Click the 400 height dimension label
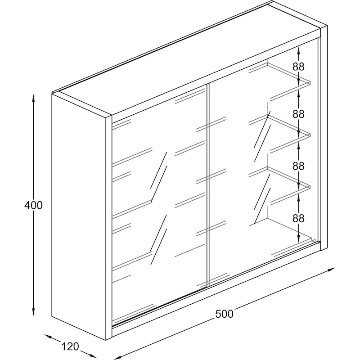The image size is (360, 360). pyautogui.click(x=33, y=205)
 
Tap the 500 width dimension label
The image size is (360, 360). pyautogui.click(x=224, y=314)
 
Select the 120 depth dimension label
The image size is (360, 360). pyautogui.click(x=71, y=346)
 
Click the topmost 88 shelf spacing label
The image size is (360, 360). pyautogui.click(x=298, y=67)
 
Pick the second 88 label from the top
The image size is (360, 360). pyautogui.click(x=298, y=114)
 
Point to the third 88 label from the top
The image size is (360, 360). pyautogui.click(x=298, y=166)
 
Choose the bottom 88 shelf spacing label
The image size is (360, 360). pyautogui.click(x=298, y=218)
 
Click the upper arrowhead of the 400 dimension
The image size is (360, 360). pyautogui.click(x=33, y=98)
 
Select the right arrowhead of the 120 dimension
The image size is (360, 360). pyautogui.click(x=93, y=355)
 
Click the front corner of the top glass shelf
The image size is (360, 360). pyautogui.click(x=310, y=82)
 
